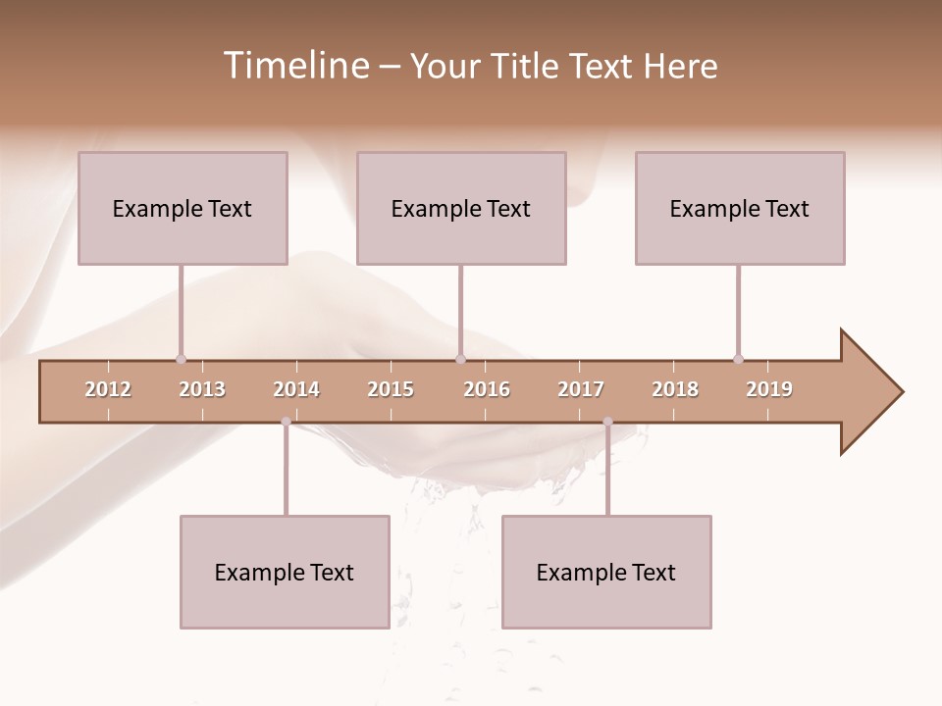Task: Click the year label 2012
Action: click(108, 389)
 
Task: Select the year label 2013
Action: click(202, 389)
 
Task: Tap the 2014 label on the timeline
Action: click(296, 389)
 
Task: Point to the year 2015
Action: click(391, 389)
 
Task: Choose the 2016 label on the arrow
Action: click(487, 389)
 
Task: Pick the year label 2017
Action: click(581, 389)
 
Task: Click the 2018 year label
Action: click(675, 389)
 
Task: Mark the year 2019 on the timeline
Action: click(769, 389)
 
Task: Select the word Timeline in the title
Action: click(294, 66)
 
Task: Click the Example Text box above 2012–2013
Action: click(183, 208)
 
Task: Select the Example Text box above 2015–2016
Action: click(461, 208)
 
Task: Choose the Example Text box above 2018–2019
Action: click(740, 208)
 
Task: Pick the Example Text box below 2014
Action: click(285, 572)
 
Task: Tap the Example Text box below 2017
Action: click(606, 572)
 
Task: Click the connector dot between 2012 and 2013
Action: click(181, 359)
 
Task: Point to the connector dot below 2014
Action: click(286, 422)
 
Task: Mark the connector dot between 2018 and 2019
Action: click(738, 359)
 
